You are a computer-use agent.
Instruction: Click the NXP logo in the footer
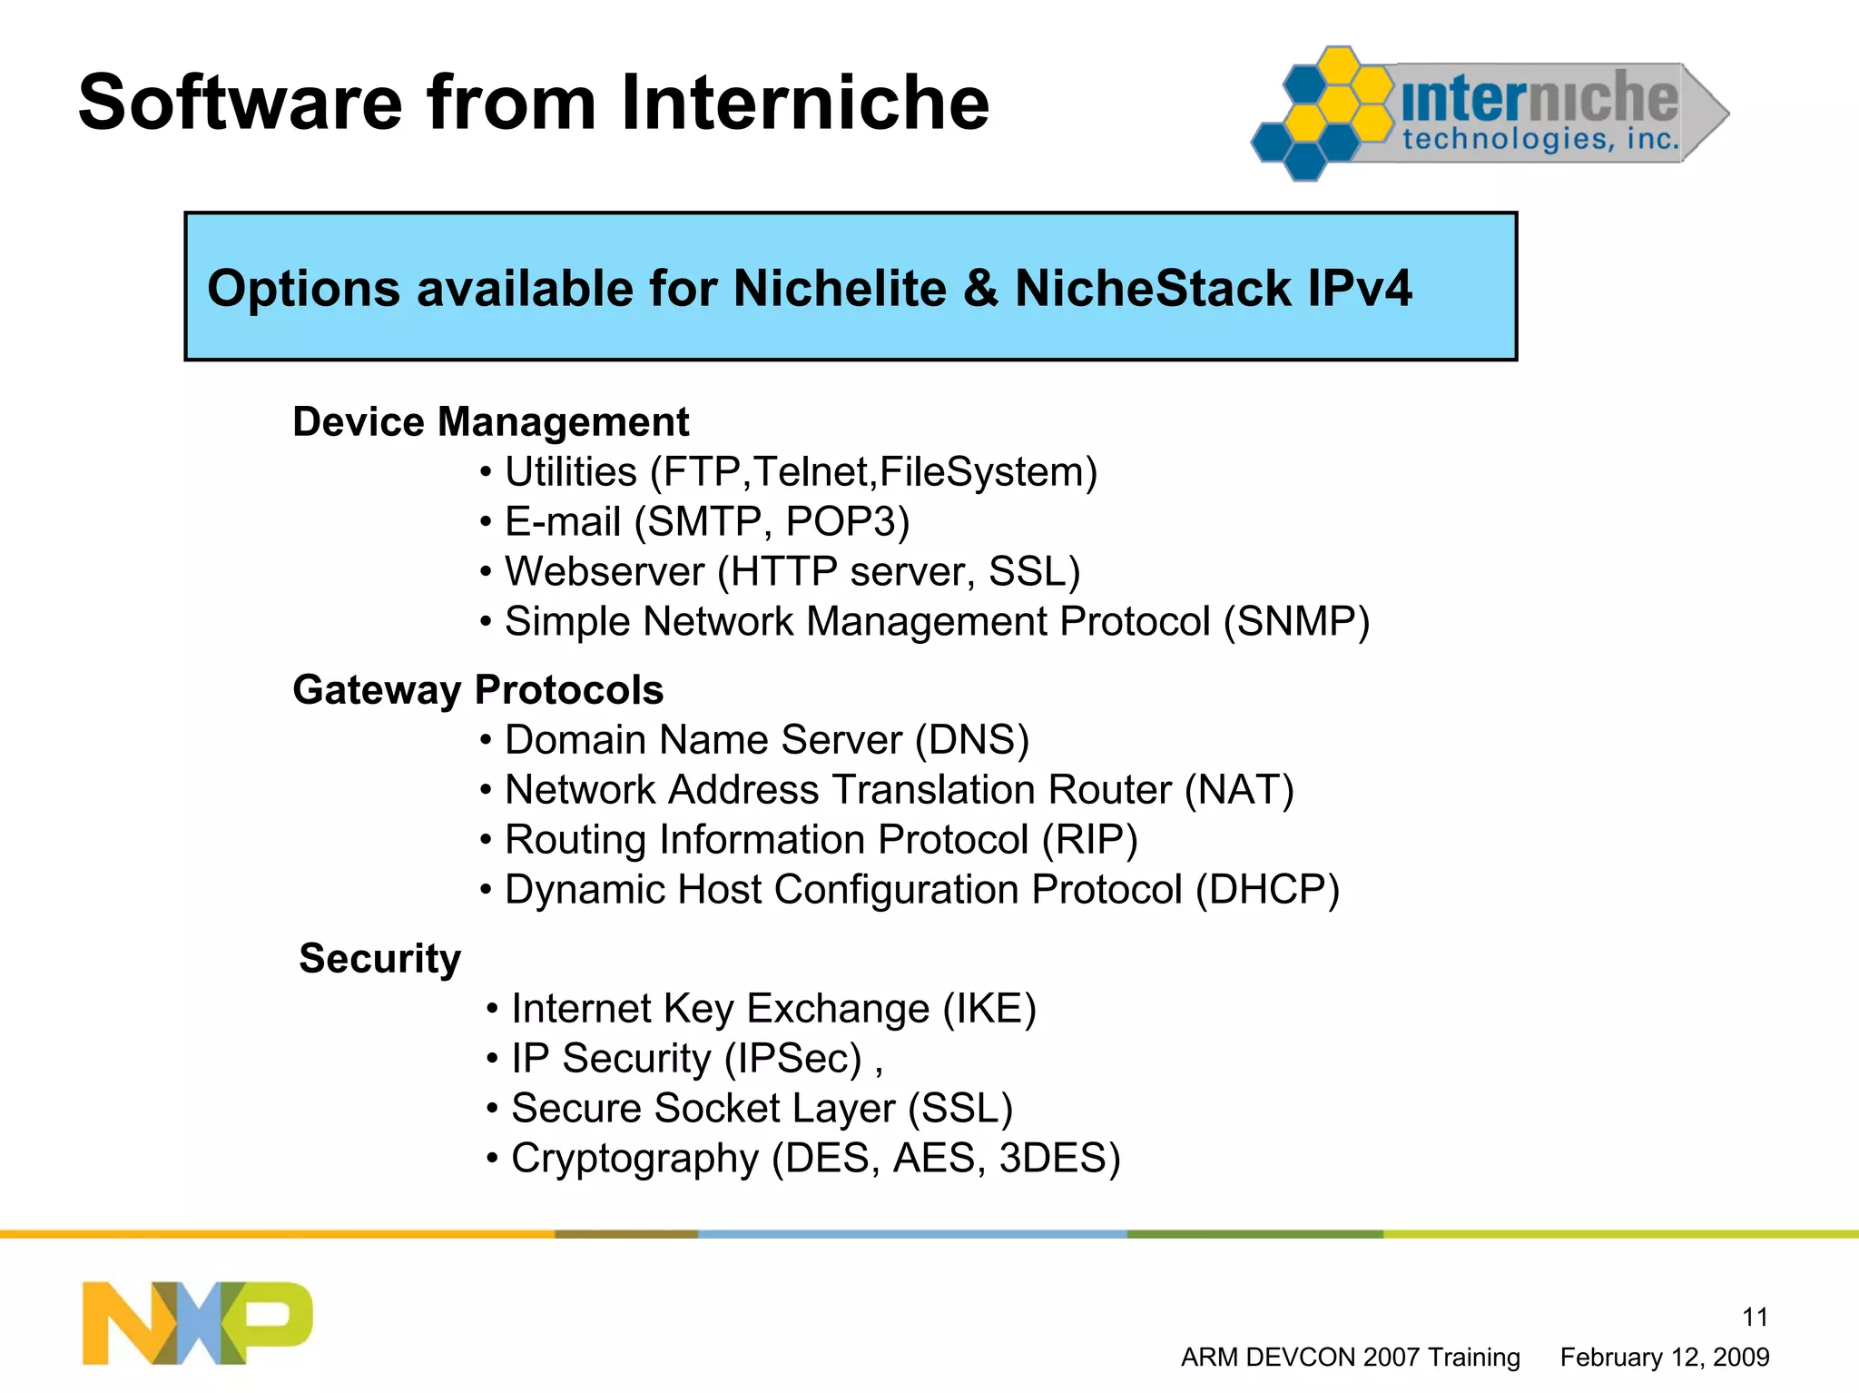click(x=197, y=1322)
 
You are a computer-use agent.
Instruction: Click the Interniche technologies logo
click(x=1489, y=114)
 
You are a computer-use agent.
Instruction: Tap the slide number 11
click(x=1755, y=1317)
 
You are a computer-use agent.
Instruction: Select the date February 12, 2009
click(x=1664, y=1358)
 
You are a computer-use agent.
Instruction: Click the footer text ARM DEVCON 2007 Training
click(x=1350, y=1358)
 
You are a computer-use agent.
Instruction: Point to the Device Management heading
click(x=490, y=422)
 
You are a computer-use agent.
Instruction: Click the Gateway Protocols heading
click(x=477, y=690)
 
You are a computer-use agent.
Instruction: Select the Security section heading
click(x=379, y=959)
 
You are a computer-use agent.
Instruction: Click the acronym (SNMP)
click(x=1296, y=622)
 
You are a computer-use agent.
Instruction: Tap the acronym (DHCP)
click(x=1267, y=890)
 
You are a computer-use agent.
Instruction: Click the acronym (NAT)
click(x=1239, y=790)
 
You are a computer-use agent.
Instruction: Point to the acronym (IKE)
click(x=989, y=1009)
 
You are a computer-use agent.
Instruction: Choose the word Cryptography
click(x=634, y=1159)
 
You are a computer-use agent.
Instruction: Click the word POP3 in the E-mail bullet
click(x=846, y=522)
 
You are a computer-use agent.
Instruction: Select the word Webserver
click(x=605, y=572)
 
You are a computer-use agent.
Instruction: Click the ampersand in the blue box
click(x=981, y=289)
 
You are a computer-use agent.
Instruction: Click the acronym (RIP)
click(x=1089, y=840)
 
